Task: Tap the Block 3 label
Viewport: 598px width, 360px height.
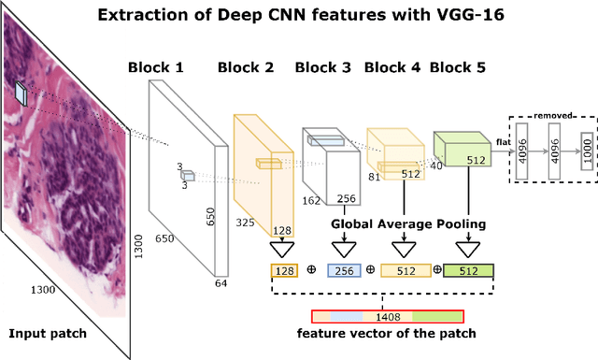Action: tap(323, 67)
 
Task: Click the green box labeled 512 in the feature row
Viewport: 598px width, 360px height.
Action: tap(473, 270)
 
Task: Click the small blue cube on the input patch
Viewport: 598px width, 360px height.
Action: tap(21, 91)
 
